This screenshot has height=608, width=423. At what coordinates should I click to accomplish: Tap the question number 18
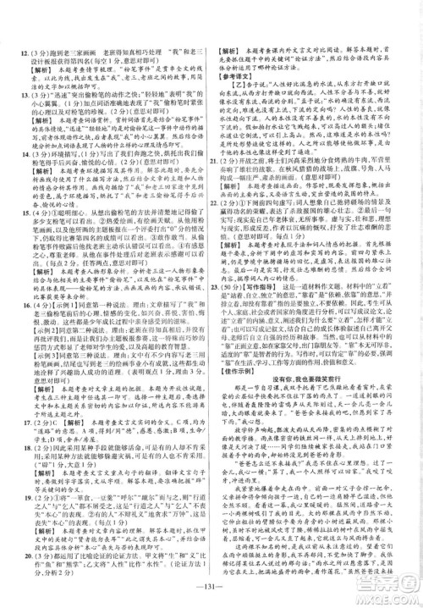pos(16,448)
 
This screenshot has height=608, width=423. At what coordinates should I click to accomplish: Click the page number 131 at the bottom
pos(211,590)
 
